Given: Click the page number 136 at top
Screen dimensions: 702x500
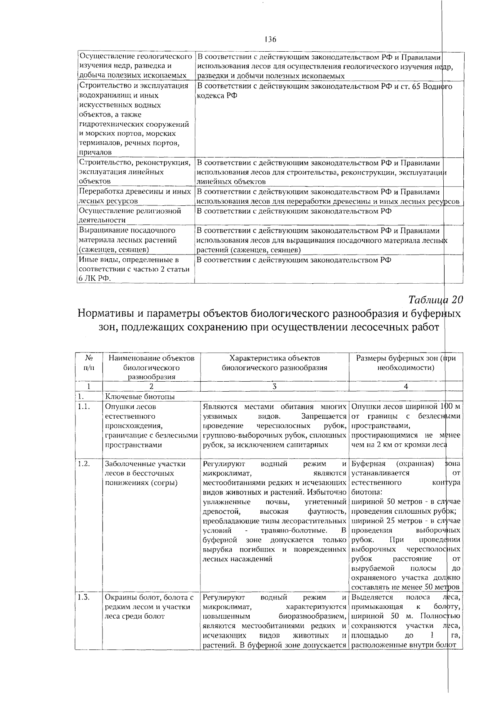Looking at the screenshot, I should pyautogui.click(x=270, y=40).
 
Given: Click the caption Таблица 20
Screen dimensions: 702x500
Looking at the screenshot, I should pyautogui.click(x=436, y=300).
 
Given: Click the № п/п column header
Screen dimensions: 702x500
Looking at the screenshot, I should pyautogui.click(x=88, y=363).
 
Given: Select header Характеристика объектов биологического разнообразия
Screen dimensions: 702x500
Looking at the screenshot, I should pyautogui.click(x=275, y=363).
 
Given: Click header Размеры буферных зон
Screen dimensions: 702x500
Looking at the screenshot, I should pyautogui.click(x=406, y=363).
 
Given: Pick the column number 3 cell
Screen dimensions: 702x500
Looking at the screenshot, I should pyautogui.click(x=275, y=386).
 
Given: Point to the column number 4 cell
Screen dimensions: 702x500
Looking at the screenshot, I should pyautogui.click(x=406, y=386).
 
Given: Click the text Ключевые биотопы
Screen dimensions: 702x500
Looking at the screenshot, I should pyautogui.click(x=140, y=397).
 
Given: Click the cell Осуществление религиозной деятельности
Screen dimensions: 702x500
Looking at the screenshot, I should pyautogui.click(x=130, y=215).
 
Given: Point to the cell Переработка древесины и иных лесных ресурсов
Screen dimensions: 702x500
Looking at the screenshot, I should pyautogui.click(x=135, y=196).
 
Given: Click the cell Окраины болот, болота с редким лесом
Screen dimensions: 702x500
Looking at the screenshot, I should pyautogui.click(x=149, y=607).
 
